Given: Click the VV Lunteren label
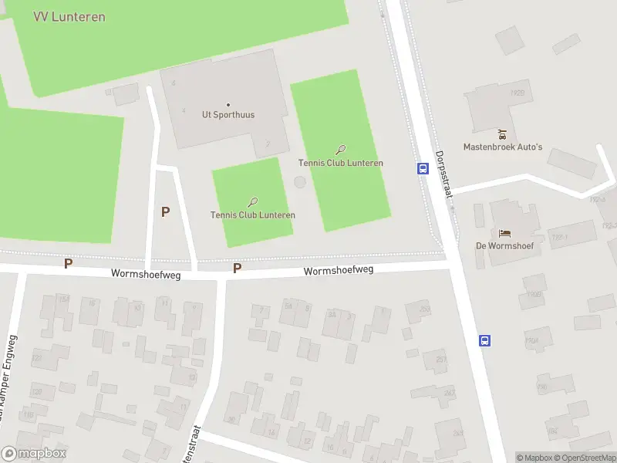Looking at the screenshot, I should click(69, 16).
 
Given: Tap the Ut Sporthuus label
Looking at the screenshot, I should click(228, 115).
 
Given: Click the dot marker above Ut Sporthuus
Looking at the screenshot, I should click(228, 104).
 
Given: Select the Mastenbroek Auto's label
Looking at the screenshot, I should click(503, 147).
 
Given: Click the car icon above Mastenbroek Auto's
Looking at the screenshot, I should click(503, 134).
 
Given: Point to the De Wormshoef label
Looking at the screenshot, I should click(505, 247).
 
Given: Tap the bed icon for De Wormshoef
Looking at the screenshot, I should click(505, 234).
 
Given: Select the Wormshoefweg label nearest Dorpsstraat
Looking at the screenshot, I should click(338, 271).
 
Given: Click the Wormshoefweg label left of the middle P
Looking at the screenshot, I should click(146, 274).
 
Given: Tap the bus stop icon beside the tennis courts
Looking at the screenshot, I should click(423, 168).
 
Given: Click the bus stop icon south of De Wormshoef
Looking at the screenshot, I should click(485, 340).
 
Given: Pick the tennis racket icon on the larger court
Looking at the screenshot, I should click(341, 150).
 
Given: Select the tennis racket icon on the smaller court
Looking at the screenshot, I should click(253, 202).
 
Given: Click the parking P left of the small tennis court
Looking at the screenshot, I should click(165, 211).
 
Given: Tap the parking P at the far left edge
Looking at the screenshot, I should click(68, 263).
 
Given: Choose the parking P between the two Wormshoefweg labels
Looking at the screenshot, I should click(238, 268).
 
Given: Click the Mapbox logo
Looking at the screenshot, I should click(34, 455).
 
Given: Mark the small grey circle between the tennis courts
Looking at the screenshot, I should click(299, 182).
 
